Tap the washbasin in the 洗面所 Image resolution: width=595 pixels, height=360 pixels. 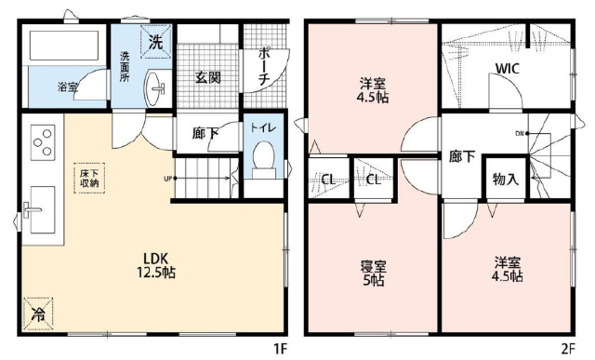tap(155, 88)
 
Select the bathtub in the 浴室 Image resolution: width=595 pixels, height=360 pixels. tap(64, 45)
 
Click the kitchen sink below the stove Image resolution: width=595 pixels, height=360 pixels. tap(42, 209)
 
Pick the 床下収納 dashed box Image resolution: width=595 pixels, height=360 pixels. tap(89, 178)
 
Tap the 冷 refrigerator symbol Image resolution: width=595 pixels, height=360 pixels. tap(38, 313)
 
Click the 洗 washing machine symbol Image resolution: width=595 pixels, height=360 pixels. tap(156, 42)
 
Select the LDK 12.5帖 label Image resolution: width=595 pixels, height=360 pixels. tap(155, 265)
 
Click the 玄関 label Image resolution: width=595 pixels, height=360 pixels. tap(208, 77)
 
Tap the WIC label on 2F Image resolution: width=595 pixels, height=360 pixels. tap(508, 69)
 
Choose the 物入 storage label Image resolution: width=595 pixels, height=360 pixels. tap(506, 179)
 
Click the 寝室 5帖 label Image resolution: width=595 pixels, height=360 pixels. tap(373, 273)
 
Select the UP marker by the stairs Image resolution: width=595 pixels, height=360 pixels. tap(167, 178)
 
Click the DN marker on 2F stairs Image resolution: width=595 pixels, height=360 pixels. tap(520, 133)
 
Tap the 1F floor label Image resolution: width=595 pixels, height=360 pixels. tap(281, 348)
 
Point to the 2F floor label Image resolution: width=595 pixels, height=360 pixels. tap(567, 348)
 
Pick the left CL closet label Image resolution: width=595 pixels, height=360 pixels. tap(328, 180)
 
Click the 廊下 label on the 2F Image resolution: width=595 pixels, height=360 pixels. tap(462, 156)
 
